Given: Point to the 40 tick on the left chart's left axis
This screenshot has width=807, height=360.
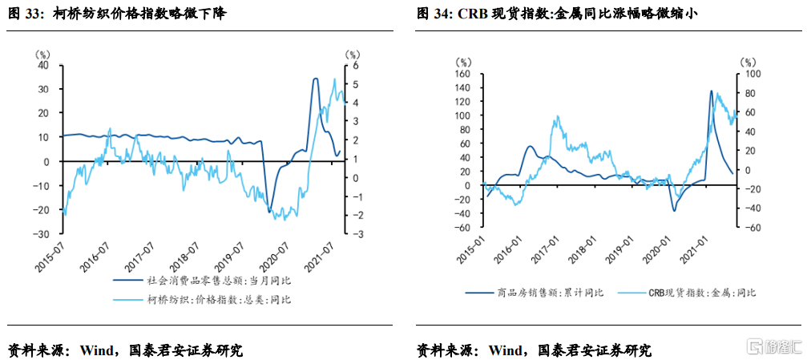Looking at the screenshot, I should (x=45, y=66).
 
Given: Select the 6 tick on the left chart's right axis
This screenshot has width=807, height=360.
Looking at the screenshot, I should (x=350, y=66).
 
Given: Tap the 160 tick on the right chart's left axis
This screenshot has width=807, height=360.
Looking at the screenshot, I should (x=462, y=74).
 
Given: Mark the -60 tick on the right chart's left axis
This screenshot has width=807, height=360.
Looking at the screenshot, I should (x=462, y=228).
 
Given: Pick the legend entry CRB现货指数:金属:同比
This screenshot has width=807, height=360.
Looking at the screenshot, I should (x=698, y=293).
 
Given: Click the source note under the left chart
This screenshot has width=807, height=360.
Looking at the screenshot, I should (x=124, y=350).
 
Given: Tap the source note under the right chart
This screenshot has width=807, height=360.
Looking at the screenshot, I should (x=534, y=350).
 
